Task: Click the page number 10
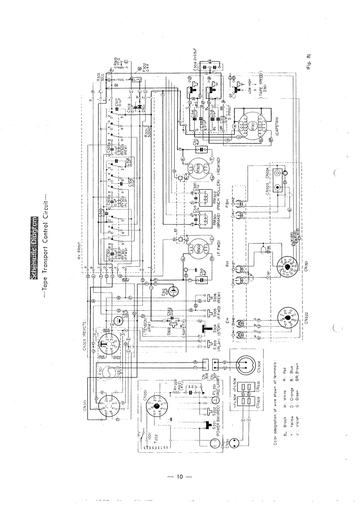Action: coord(180,477)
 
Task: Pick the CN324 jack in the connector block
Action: coord(286,172)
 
